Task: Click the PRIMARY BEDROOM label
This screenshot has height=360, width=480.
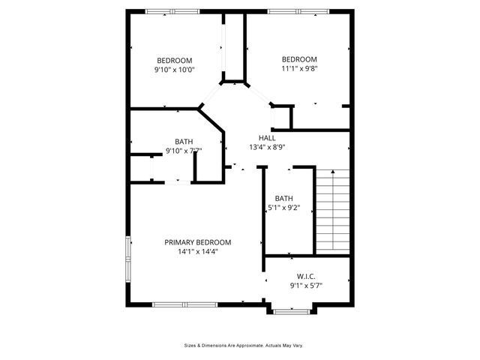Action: [x=198, y=242]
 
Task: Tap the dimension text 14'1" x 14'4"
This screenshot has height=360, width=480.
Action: [x=198, y=252]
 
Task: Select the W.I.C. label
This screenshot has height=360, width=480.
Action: [x=306, y=275]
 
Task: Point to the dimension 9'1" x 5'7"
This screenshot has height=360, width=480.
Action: [x=306, y=285]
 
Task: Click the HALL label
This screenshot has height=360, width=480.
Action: [x=267, y=138]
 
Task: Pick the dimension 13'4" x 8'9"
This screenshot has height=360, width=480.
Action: [x=267, y=148]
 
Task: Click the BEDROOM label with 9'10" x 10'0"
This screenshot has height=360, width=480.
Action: [x=174, y=61]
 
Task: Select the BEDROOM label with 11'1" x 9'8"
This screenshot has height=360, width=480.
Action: [x=299, y=59]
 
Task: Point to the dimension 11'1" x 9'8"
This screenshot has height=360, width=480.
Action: [x=299, y=69]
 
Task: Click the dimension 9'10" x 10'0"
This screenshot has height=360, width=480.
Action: [x=174, y=70]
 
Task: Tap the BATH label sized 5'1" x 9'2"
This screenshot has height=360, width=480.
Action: [x=283, y=198]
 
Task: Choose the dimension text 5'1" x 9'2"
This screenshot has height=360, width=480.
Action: [x=283, y=208]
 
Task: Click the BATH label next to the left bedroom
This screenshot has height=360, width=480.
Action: [x=184, y=141]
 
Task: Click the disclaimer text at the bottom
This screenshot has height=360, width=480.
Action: [x=244, y=346]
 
